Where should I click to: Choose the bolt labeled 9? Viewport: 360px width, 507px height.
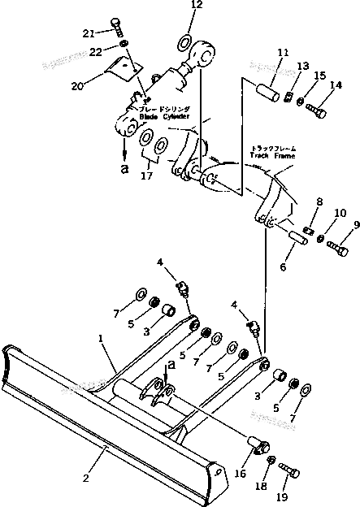[337, 249]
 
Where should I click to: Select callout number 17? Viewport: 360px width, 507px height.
[146, 173]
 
